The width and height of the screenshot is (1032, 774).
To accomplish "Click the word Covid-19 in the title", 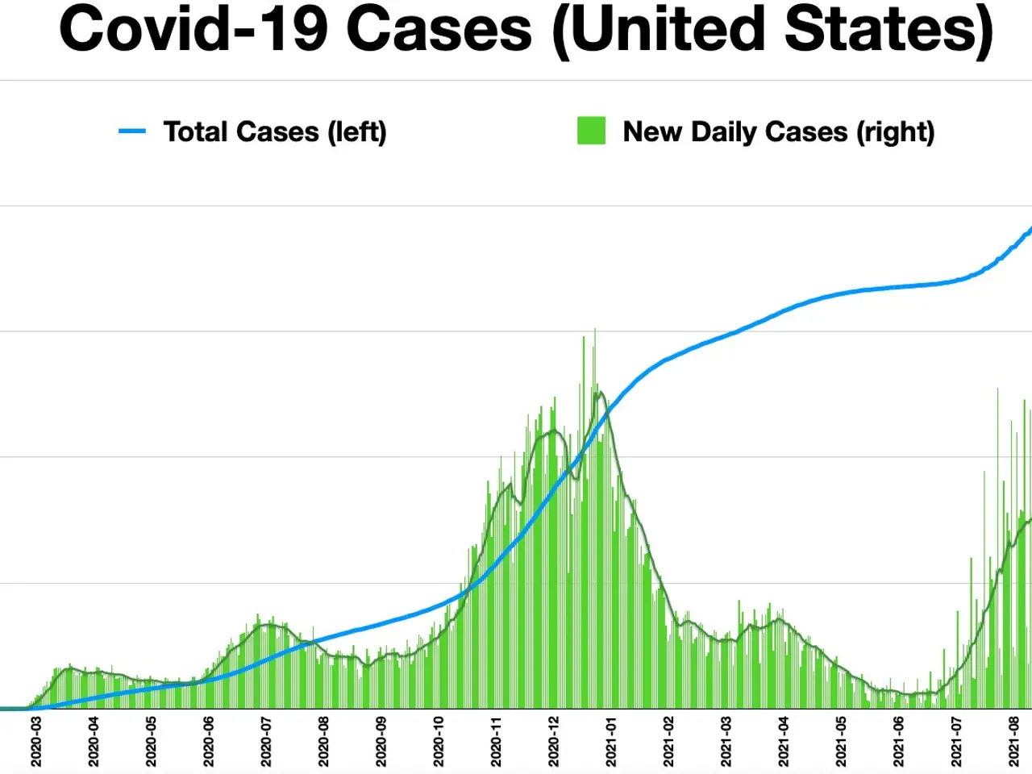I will point(193,29).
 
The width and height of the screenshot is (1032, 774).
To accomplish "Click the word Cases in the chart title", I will point(439,29).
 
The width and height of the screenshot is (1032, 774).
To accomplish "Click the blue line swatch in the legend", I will point(132,131).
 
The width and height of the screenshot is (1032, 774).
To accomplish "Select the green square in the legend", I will point(591,131).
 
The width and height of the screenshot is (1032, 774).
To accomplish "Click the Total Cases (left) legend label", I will point(275,131).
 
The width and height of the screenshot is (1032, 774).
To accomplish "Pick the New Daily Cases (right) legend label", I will point(778,131).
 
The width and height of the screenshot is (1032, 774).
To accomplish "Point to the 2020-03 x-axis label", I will point(36,742).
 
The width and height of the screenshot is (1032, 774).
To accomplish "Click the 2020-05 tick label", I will point(152,742).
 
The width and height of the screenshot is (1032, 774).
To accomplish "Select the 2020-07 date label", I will point(266,742).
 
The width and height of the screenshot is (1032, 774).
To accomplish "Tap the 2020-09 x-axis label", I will point(381,742).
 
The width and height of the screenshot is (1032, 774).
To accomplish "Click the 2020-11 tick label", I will point(497,742).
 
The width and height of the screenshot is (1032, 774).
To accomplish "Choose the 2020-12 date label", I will point(554,742).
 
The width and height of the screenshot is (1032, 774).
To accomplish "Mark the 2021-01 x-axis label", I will point(611,742).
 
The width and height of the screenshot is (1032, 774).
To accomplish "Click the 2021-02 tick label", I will point(668,742).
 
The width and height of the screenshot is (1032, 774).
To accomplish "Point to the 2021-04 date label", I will point(784,742).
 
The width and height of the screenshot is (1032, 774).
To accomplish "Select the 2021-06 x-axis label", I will point(899,742).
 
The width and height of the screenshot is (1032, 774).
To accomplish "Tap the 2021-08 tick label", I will point(1014,742).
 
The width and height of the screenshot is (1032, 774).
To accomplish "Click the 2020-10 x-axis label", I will point(439,742).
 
